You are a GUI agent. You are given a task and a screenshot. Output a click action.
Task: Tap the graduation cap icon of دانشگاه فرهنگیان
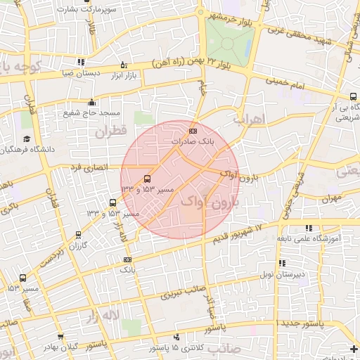(x=27, y=139)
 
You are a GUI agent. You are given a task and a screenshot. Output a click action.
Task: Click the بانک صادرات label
(x=191, y=142)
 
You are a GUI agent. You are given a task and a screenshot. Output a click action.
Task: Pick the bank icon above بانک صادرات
(x=193, y=131)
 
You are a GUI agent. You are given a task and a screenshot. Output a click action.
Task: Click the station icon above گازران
(x=77, y=236)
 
